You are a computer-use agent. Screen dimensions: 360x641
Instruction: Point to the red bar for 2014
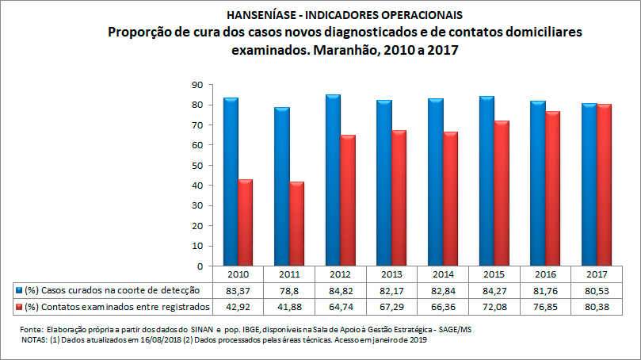(x=450, y=199)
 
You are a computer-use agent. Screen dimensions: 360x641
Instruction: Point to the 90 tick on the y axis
(x=197, y=85)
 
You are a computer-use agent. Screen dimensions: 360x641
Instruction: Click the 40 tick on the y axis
(x=197, y=186)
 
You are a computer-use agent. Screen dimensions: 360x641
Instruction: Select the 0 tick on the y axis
(x=200, y=266)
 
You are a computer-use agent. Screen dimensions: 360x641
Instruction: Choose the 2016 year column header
(x=545, y=274)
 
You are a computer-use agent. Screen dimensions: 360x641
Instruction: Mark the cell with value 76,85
(x=545, y=306)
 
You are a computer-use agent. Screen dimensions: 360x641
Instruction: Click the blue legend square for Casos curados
(x=18, y=290)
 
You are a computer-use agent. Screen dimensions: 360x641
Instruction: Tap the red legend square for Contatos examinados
(x=18, y=306)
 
